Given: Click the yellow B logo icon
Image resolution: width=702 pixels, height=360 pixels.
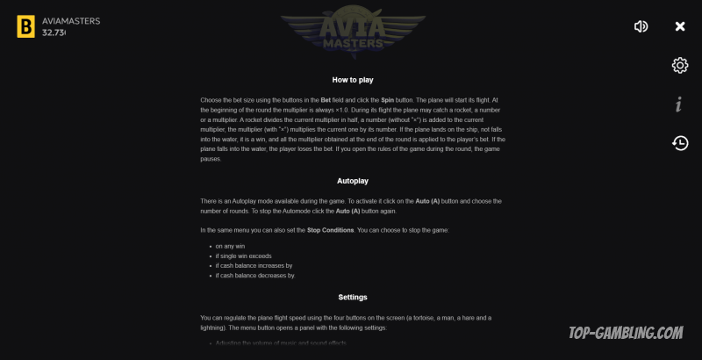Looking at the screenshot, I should click(x=25, y=26).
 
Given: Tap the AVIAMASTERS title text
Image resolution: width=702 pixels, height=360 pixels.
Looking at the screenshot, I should click(x=71, y=20).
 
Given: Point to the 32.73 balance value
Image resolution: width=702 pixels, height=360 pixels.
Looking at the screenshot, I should click(x=54, y=32).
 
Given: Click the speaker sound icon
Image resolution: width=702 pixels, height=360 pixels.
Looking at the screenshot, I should click(x=641, y=26).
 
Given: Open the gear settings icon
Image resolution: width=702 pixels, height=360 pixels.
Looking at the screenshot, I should click(x=679, y=66).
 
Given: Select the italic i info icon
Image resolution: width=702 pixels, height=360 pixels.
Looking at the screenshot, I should click(x=679, y=104).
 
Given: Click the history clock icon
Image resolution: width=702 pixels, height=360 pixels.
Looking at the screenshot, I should click(x=679, y=142).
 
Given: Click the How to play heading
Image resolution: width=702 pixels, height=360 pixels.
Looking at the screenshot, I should click(x=353, y=80).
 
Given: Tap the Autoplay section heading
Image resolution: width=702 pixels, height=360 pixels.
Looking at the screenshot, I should click(x=353, y=181).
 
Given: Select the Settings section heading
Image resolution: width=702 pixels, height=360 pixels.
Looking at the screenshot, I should click(x=353, y=297).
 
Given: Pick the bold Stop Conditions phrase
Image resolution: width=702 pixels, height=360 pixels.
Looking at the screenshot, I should click(x=330, y=230).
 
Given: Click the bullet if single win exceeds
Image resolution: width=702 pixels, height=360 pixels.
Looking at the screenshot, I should click(x=243, y=256).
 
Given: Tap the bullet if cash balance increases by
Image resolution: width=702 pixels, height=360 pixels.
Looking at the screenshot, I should click(x=254, y=265).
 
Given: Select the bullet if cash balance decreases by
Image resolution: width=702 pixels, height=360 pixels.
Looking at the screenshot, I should click(x=255, y=275).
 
